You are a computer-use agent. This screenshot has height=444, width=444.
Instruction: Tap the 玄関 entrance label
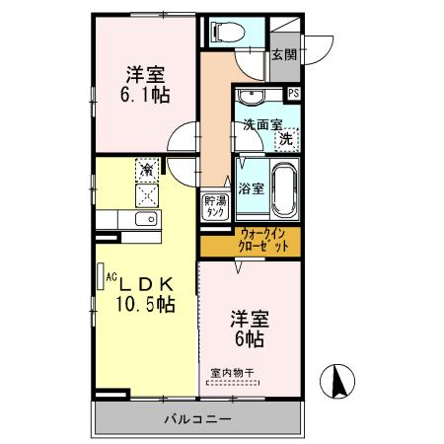(284, 54)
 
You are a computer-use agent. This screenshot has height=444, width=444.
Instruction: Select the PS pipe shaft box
(293, 93)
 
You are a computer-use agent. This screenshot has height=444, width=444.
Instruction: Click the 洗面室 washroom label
(262, 125)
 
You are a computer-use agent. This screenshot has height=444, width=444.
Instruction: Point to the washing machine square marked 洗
(285, 139)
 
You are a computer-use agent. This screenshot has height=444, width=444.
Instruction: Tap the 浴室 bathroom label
(250, 187)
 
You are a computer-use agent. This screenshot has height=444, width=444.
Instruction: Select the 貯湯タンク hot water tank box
(215, 205)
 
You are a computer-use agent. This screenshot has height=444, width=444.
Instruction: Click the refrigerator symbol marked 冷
(146, 169)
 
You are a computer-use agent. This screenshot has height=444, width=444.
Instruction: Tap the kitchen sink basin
(145, 219)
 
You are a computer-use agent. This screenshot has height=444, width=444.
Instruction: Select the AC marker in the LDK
(111, 277)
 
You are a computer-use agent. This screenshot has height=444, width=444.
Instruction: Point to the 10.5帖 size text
(147, 304)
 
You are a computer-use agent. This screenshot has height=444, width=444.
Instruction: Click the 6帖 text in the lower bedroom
(249, 338)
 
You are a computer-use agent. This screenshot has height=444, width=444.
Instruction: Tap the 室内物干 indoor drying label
(232, 372)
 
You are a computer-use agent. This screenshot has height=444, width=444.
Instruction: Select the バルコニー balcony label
(197, 418)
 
